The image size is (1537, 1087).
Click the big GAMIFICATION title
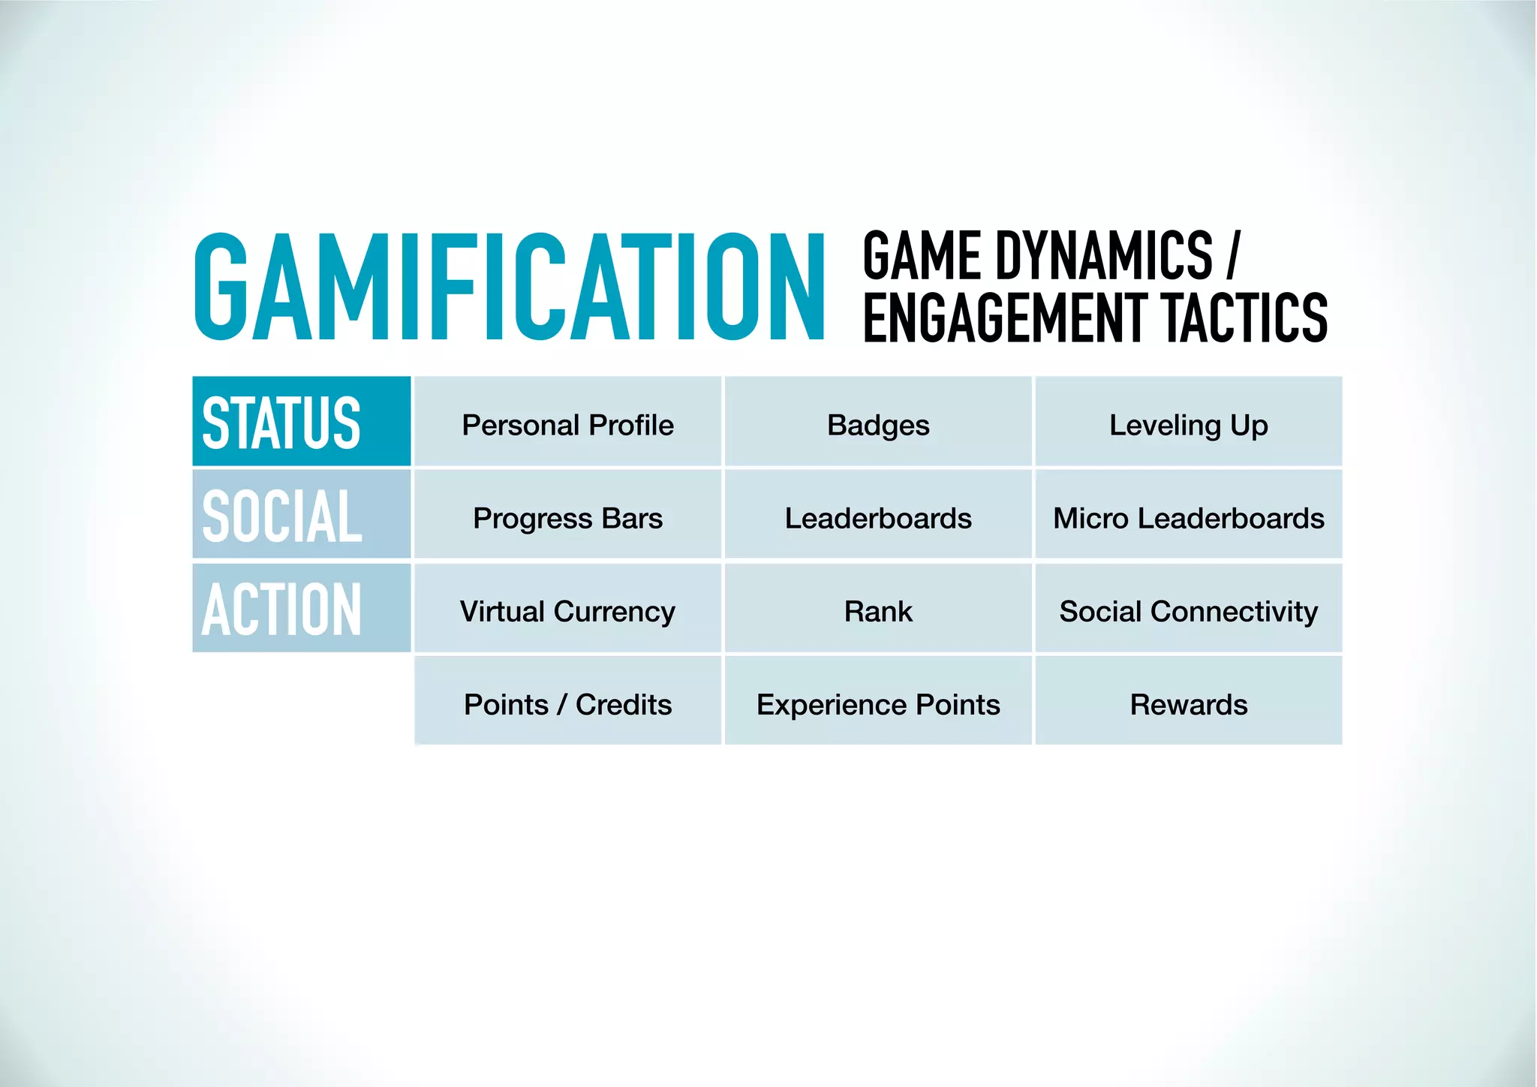coord(509,287)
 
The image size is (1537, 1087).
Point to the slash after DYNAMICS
coord(1232,257)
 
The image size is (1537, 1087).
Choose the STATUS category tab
coord(302,422)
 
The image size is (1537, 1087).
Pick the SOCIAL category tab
coord(302,515)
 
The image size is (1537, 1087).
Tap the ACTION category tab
coord(302,608)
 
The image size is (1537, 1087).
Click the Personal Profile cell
coord(567,425)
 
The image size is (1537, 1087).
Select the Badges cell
coord(878,425)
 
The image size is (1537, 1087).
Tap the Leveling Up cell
coord(1189,425)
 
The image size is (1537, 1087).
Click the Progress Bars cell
coord(567,518)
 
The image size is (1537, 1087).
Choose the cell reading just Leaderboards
coord(878,518)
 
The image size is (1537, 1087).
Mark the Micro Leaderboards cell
coord(1189,518)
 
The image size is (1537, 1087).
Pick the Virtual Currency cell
coord(567,611)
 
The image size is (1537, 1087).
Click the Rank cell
coord(878,611)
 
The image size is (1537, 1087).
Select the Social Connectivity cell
coord(1189,611)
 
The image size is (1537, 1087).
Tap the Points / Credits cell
coord(567,704)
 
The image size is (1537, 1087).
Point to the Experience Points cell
coord(878,704)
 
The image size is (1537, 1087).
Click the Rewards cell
coord(1189,704)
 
